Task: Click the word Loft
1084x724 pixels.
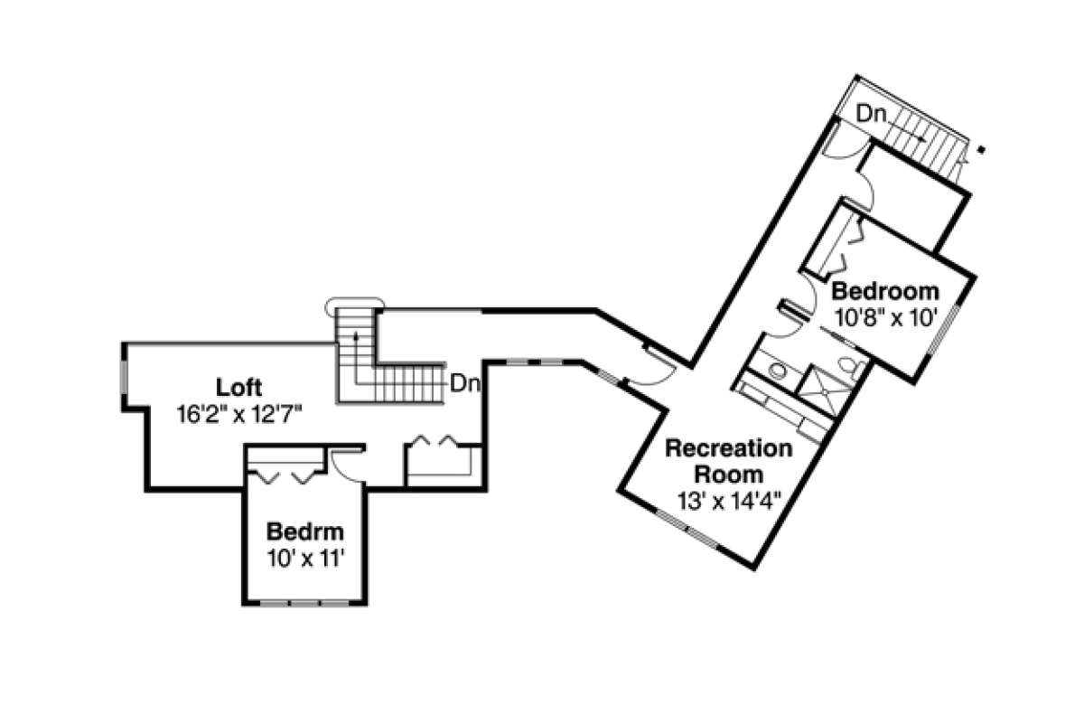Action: [239, 389]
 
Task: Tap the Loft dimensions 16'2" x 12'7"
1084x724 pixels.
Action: [239, 413]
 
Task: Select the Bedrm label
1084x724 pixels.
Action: [304, 531]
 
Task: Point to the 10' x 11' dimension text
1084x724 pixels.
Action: [304, 557]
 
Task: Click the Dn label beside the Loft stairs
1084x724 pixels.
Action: [464, 383]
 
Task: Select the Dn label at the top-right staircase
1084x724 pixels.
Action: [871, 114]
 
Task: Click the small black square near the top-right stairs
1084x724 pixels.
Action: [982, 150]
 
